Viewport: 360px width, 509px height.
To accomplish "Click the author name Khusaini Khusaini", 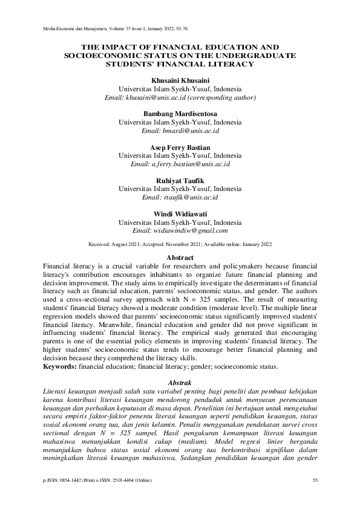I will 180,80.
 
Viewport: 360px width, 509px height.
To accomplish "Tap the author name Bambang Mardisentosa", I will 180,114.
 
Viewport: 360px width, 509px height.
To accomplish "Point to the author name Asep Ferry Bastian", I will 180,148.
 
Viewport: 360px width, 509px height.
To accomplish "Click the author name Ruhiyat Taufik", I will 180,181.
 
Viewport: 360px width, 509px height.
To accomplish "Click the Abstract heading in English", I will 180,258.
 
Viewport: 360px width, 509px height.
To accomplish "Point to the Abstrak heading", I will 180,383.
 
